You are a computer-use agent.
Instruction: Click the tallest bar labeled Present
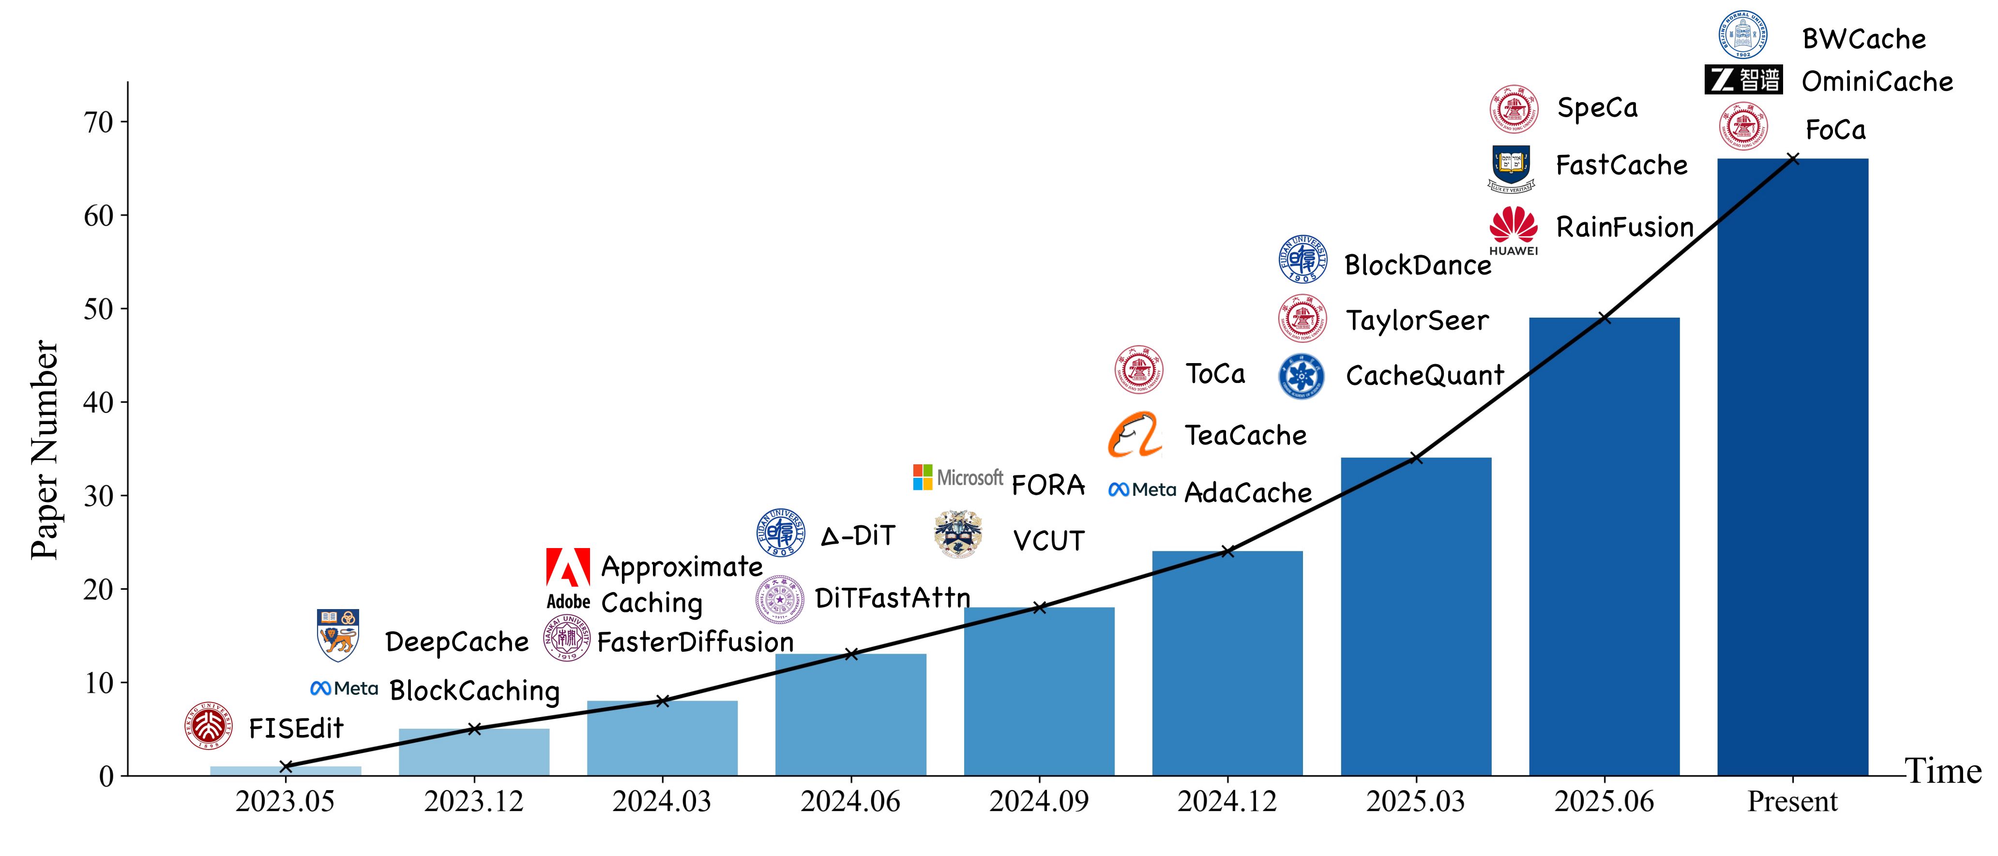click(1792, 466)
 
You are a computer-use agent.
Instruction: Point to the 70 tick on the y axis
click(99, 122)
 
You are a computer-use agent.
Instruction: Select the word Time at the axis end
click(1943, 771)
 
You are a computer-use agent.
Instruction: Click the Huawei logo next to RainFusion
click(1513, 229)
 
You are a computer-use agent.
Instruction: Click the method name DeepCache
click(457, 642)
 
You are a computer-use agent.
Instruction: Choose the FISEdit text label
click(296, 728)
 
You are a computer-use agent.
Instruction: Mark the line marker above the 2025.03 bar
click(1416, 458)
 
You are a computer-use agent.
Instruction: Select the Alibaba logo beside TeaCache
click(1135, 435)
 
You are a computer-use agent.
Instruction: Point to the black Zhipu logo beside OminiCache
click(1743, 80)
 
